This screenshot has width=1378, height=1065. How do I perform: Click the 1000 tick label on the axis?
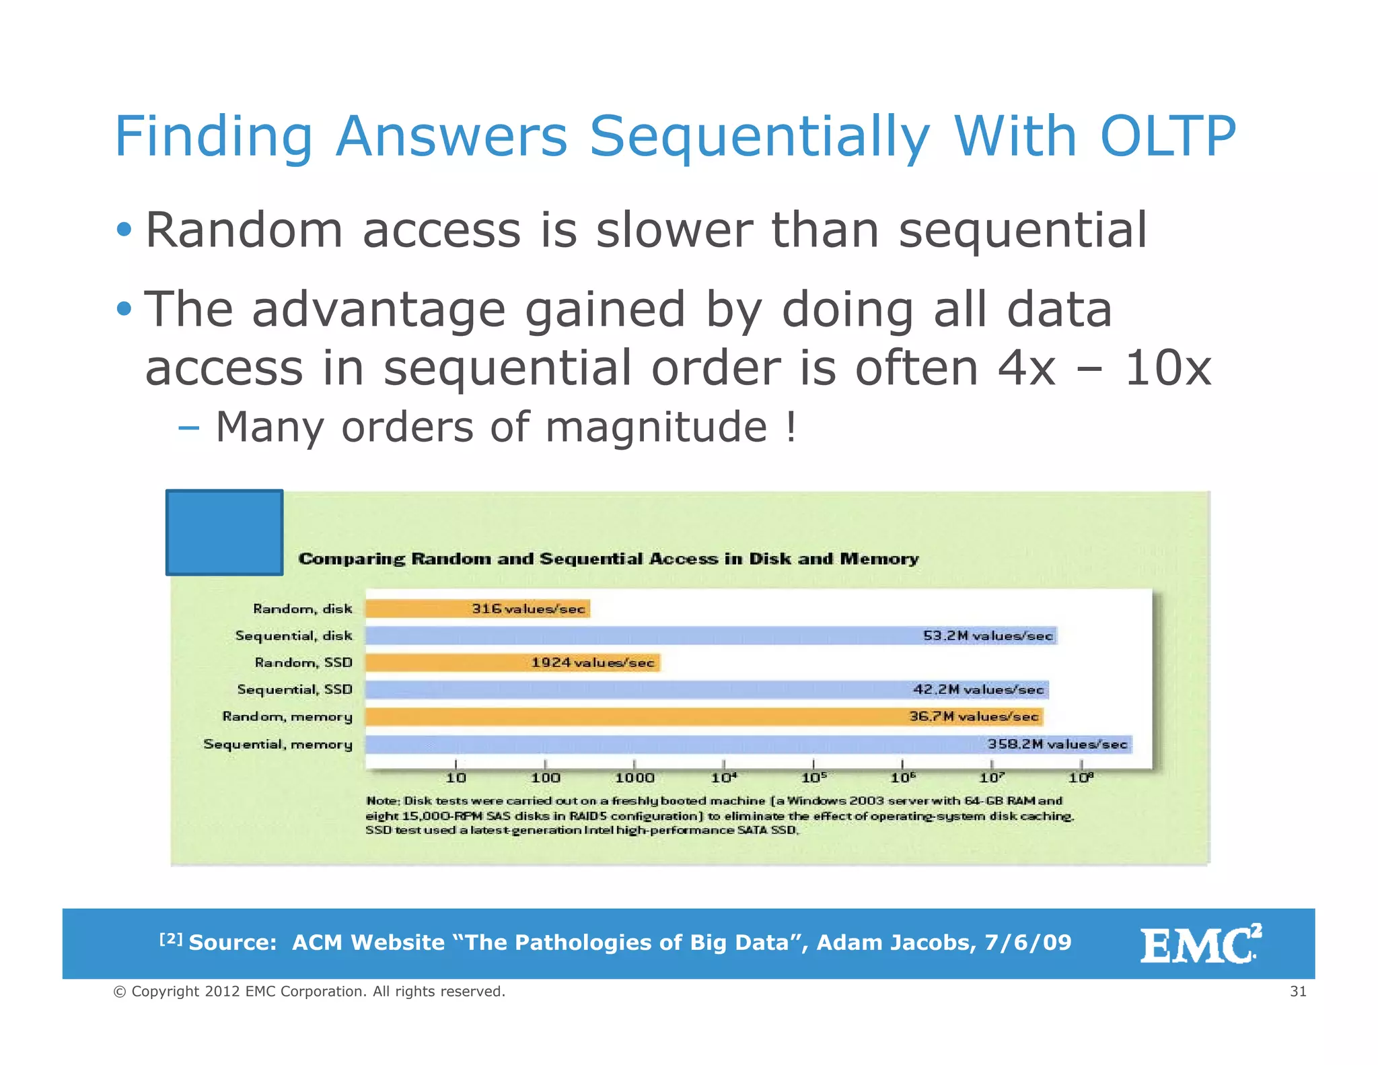(634, 778)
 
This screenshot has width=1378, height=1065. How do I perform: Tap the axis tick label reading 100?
(545, 778)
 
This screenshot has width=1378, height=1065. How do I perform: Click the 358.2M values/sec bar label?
(1057, 744)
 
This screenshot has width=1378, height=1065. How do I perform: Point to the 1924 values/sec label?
(592, 662)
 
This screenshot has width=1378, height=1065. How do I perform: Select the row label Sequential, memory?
(278, 744)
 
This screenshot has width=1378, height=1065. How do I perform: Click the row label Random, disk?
(302, 609)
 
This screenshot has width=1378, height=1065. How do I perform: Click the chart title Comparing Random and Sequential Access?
(608, 559)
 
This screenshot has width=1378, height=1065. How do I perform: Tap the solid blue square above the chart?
(224, 532)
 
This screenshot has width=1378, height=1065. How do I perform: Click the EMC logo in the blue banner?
(1200, 944)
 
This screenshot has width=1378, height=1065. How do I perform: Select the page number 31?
(1298, 991)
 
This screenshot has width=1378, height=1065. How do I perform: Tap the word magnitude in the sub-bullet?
(656, 427)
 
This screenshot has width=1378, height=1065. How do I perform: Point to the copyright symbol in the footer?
(120, 992)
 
